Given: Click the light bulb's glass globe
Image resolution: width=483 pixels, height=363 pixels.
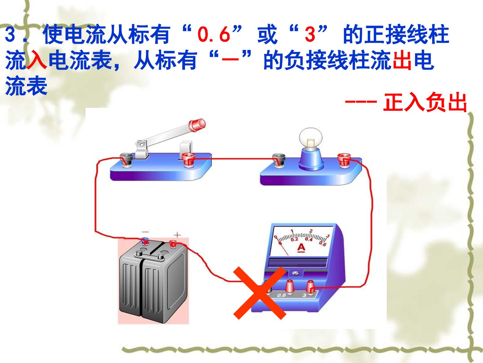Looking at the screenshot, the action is point(311,138).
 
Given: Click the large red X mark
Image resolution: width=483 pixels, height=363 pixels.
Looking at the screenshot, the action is point(260,293).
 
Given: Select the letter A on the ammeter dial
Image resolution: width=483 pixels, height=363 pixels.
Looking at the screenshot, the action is point(302,248).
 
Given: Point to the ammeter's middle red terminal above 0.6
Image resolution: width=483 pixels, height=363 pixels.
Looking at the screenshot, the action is point(289,287).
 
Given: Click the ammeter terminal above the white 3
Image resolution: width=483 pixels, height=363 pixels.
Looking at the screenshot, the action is point(310,287).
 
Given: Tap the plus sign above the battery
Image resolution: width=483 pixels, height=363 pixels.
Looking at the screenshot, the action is point(177,235).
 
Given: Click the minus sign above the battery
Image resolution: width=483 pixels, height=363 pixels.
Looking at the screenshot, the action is point(145,232).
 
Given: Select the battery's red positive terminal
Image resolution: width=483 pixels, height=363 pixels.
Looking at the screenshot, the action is point(173,244).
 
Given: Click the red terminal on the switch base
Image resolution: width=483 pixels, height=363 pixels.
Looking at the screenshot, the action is point(189,160).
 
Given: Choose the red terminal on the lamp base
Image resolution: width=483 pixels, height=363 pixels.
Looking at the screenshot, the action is point(344,160).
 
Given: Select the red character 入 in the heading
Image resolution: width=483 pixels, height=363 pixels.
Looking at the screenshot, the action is point(37,59).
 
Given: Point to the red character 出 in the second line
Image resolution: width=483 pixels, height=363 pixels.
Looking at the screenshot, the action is point(402,60).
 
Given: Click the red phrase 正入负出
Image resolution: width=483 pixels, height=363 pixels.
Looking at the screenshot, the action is point(425,103).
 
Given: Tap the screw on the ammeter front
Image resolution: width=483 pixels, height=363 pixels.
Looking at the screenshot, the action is point(296,273).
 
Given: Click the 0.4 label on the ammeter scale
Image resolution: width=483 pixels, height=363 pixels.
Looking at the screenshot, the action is point(309,239).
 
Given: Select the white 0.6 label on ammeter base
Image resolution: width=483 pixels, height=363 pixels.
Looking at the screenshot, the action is point(281,295).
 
